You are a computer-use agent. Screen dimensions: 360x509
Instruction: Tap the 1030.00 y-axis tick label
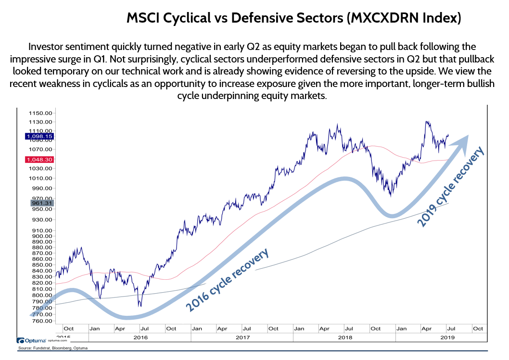coord(42,169)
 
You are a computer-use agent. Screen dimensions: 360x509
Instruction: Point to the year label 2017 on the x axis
coord(242,337)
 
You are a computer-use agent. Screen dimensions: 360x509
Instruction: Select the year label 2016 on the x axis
coord(140,337)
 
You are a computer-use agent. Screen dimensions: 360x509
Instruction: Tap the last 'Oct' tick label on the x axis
coord(478,329)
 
